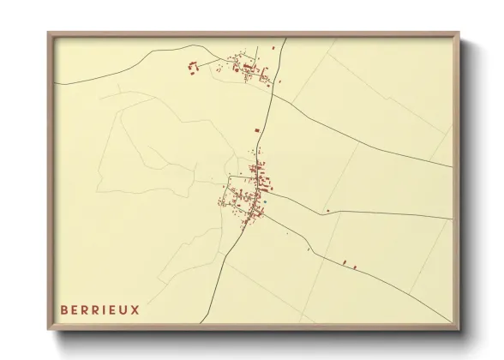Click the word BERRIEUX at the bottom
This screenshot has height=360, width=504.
(99, 308)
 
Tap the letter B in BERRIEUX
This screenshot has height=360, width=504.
(63, 308)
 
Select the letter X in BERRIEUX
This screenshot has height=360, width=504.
(135, 308)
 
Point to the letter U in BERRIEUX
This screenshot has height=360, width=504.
(124, 308)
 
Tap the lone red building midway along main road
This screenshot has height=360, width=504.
(256, 129)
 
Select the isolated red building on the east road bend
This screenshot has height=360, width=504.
(327, 210)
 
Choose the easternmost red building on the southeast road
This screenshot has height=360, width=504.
(354, 267)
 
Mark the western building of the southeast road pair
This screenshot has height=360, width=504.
(344, 261)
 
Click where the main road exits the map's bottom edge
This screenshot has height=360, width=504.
(224, 323)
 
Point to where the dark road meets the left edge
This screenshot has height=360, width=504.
(56, 83)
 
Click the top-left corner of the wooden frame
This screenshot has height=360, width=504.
(48, 33)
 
